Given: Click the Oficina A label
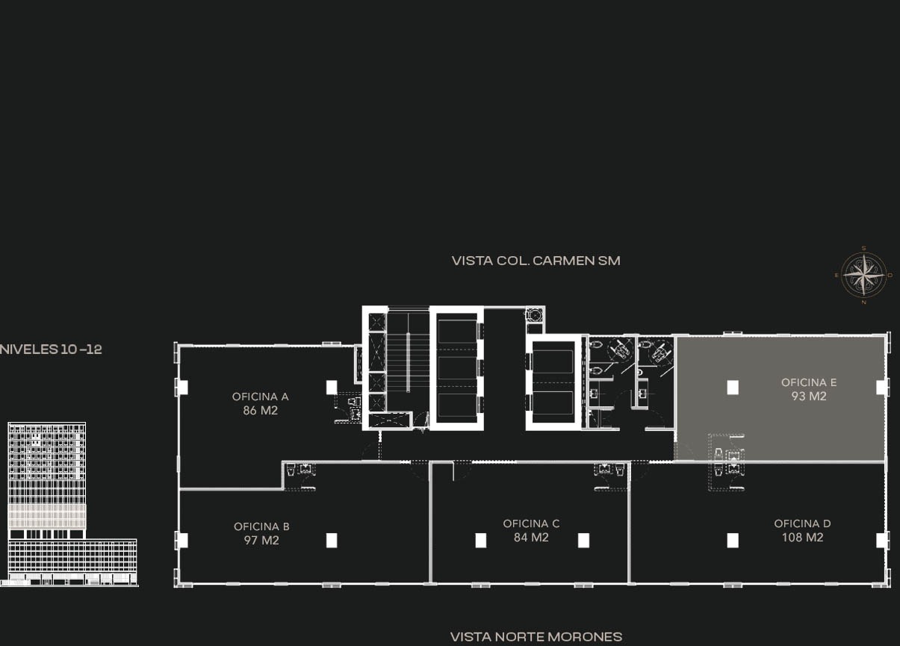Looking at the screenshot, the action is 261,397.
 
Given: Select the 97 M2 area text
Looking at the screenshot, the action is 261,541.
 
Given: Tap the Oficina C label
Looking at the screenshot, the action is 531,524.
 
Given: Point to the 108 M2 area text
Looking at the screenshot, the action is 802,537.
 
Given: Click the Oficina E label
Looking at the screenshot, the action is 809,382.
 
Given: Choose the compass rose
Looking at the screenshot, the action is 864,275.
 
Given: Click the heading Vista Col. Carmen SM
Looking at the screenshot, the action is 536,261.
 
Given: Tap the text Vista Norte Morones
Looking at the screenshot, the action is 536,637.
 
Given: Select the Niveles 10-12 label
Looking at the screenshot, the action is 51,349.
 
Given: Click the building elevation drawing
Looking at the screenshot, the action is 69,504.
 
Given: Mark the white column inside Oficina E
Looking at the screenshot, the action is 733,388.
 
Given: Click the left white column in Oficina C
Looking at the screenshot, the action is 481,541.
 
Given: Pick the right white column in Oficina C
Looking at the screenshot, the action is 583,541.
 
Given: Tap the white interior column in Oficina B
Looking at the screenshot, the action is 332,541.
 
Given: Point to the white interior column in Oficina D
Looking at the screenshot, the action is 733,541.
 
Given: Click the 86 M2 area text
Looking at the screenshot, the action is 261,411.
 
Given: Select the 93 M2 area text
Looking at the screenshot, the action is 809,397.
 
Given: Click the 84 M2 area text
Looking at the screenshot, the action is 531,538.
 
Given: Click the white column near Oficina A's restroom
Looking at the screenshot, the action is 332,388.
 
